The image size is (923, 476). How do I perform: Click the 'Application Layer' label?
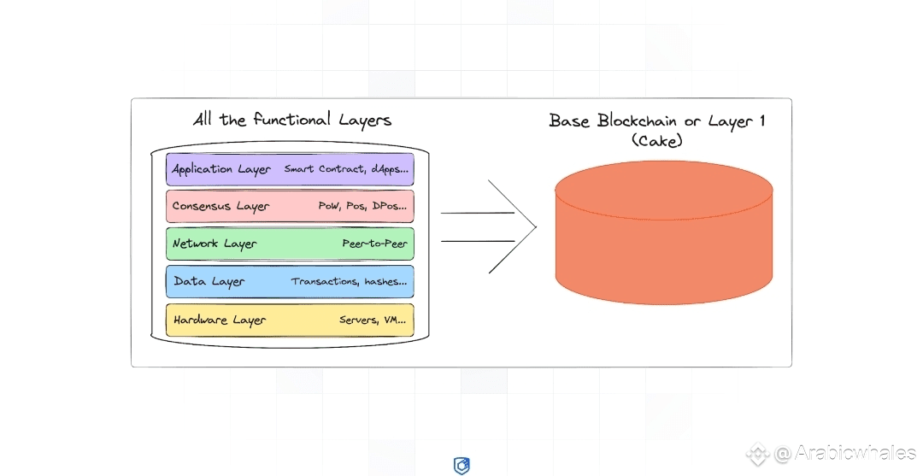[220, 169]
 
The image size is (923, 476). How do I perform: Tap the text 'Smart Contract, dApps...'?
[346, 169]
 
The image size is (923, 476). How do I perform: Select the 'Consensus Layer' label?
[220, 206]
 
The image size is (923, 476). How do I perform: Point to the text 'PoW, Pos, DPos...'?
[363, 206]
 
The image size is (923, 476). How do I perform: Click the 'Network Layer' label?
[214, 244]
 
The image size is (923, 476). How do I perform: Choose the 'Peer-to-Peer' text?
[375, 244]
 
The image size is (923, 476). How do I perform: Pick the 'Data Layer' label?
[209, 281]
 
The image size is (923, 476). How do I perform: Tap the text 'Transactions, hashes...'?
[349, 281]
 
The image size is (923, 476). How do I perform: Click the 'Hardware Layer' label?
[220, 320]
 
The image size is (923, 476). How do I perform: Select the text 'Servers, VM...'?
[373, 320]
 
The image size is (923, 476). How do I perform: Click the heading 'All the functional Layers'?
[292, 120]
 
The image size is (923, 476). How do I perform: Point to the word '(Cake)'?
[656, 141]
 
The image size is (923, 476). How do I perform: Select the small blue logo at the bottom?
[461, 466]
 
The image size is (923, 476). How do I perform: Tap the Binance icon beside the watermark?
[758, 454]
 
